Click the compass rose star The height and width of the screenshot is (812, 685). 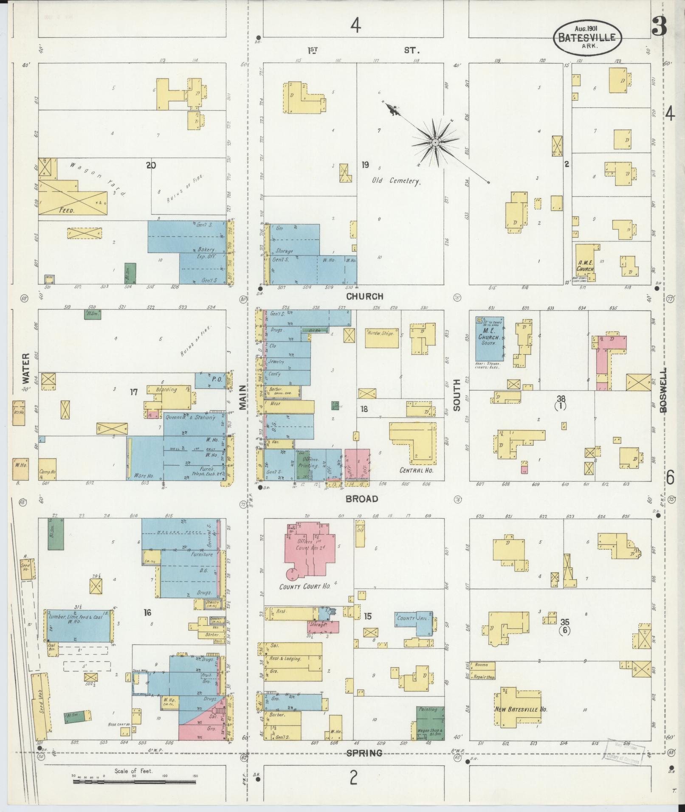[x=435, y=143]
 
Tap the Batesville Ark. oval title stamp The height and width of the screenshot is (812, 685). [x=587, y=37]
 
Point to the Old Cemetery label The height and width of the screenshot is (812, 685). [x=396, y=181]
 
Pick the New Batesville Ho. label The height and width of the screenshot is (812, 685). [x=521, y=709]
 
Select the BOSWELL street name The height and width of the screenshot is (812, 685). [x=664, y=390]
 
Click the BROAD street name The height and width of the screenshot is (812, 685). [x=361, y=499]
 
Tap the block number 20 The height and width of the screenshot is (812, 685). [x=151, y=165]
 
